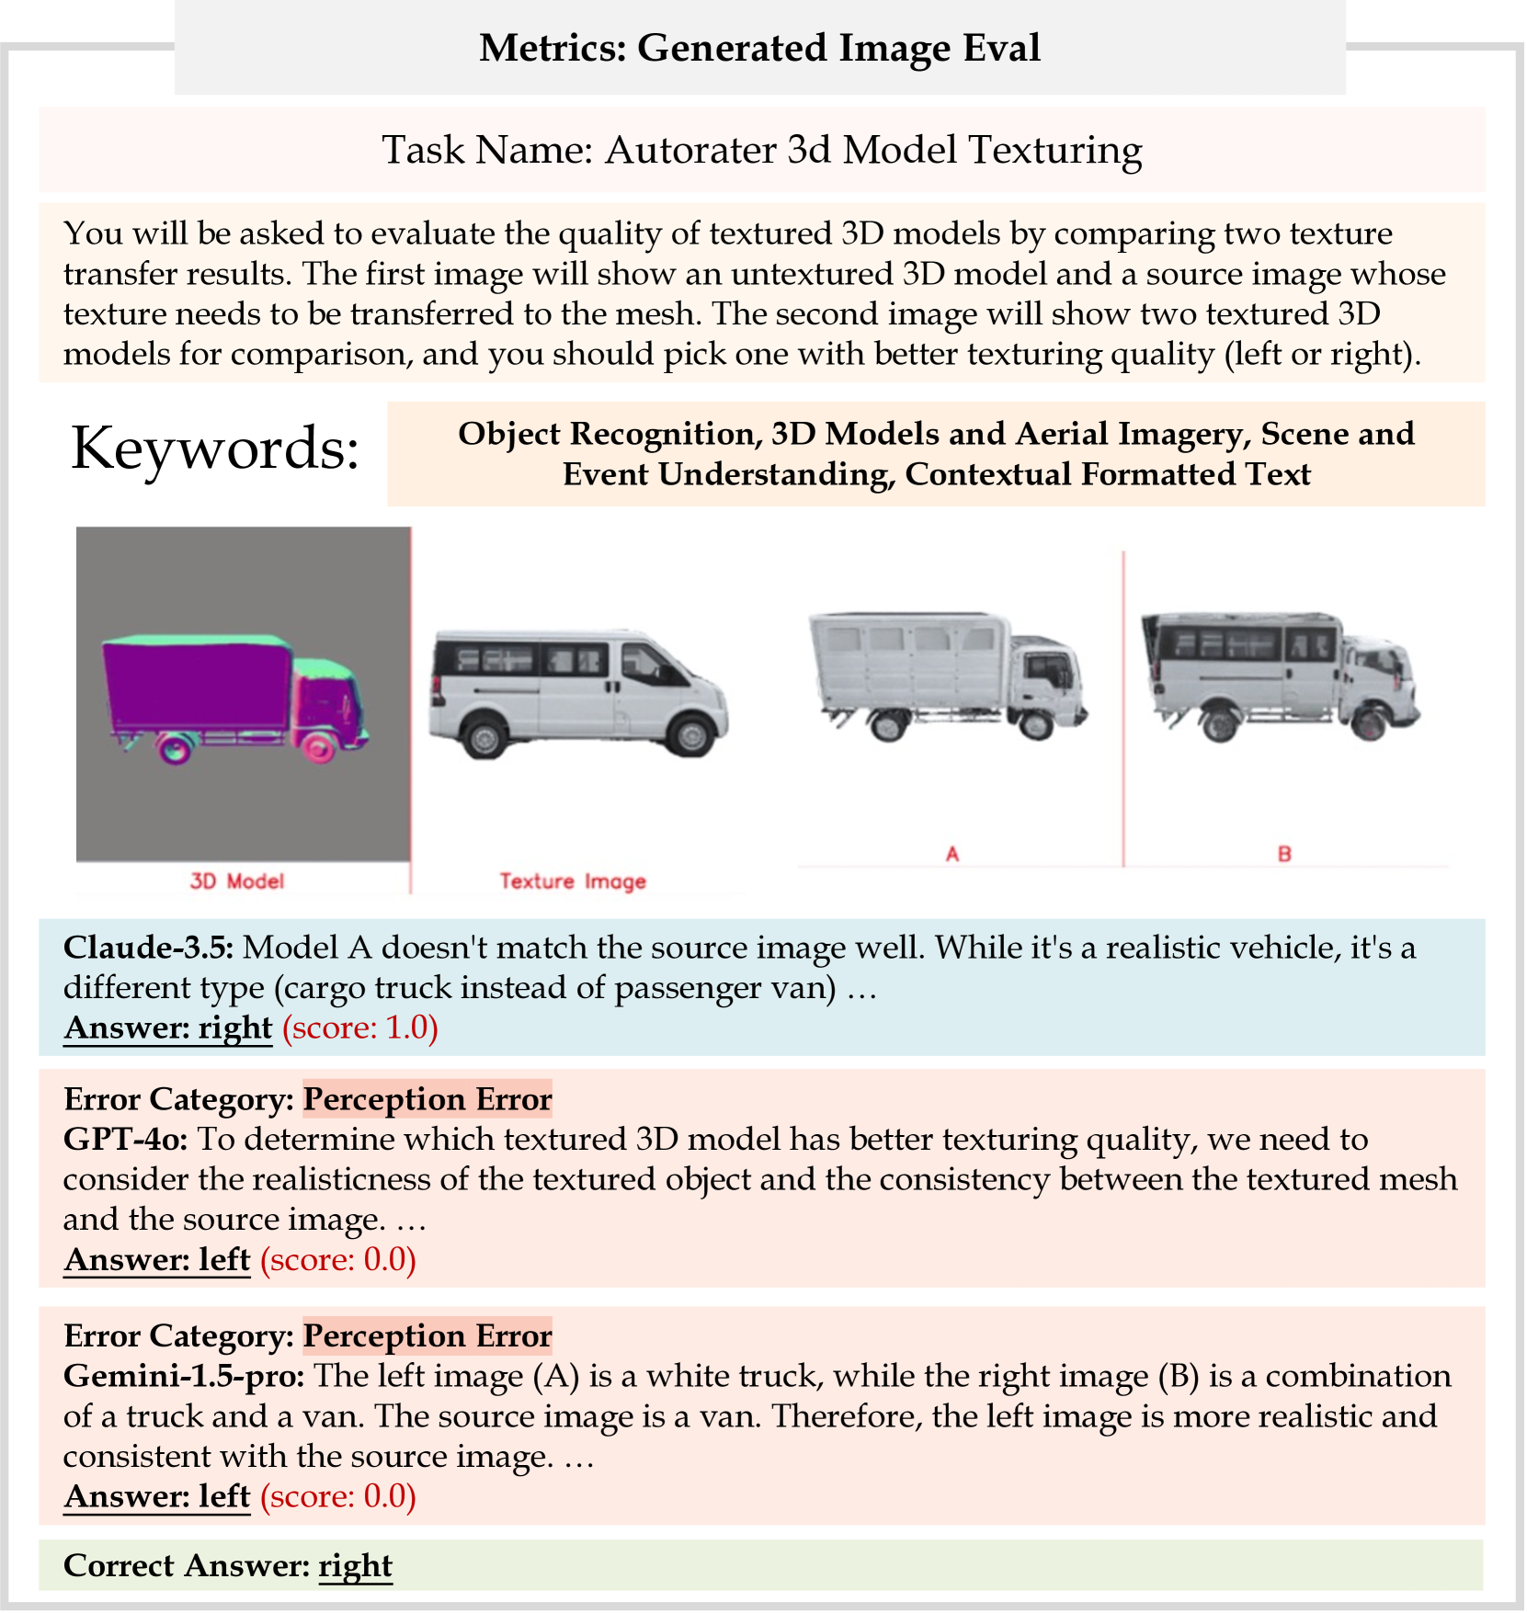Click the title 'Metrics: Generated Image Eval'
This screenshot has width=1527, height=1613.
pyautogui.click(x=759, y=48)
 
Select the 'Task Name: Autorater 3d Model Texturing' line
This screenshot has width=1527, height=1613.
pyautogui.click(x=761, y=150)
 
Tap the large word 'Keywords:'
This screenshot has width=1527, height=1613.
pyautogui.click(x=215, y=449)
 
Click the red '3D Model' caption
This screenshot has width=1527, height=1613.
pyautogui.click(x=237, y=881)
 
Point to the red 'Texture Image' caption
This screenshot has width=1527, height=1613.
pyautogui.click(x=573, y=881)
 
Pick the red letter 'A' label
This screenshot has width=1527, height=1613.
pyautogui.click(x=952, y=854)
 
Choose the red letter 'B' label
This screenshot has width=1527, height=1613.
pyautogui.click(x=1284, y=854)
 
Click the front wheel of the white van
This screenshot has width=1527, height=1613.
pyautogui.click(x=691, y=735)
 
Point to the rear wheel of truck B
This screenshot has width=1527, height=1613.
pyautogui.click(x=1217, y=721)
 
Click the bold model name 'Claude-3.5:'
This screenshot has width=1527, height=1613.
pyautogui.click(x=148, y=948)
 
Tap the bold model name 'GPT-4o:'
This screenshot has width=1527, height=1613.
pyautogui.click(x=125, y=1140)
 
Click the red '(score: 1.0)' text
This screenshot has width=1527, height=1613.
pyautogui.click(x=359, y=1028)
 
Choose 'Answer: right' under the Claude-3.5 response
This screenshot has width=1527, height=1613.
pyautogui.click(x=168, y=1028)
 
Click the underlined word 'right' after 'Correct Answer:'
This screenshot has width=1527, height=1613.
pyautogui.click(x=355, y=1566)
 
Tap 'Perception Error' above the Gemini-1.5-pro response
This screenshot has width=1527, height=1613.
pyautogui.click(x=427, y=1336)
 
